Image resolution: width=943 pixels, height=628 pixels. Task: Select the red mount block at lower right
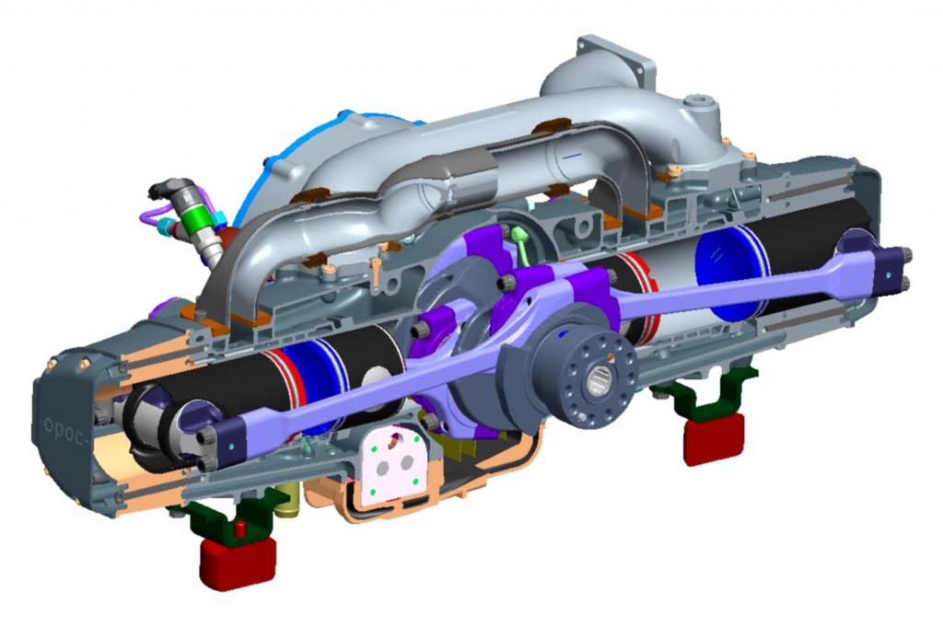pos(714,438)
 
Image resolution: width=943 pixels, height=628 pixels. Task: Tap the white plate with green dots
pos(393,464)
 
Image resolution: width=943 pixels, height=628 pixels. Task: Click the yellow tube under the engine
pos(288,498)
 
